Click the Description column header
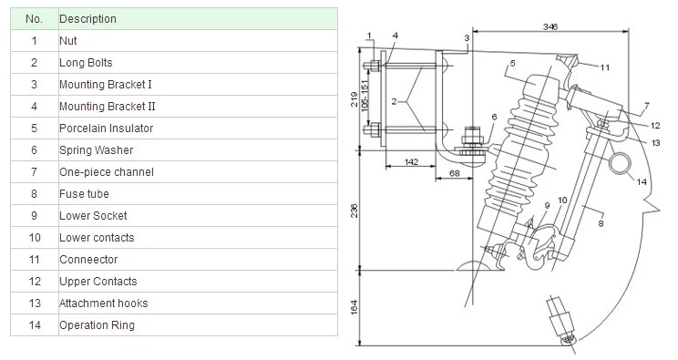pyautogui.click(x=198, y=19)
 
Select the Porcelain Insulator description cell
pyautogui.click(x=198, y=129)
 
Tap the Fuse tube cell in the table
pyautogui.click(x=198, y=194)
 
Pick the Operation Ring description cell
pyautogui.click(x=198, y=325)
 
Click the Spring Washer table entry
pyautogui.click(x=198, y=150)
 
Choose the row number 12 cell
pyautogui.click(x=35, y=282)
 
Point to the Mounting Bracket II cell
pyautogui.click(x=198, y=107)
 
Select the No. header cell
pyautogui.click(x=35, y=19)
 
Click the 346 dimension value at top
pyautogui.click(x=550, y=26)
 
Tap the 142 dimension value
pyautogui.click(x=411, y=162)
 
